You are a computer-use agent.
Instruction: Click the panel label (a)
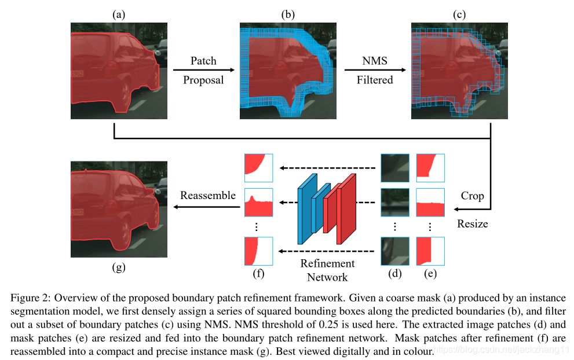pos(119,15)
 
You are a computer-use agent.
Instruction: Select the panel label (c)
pos(459,15)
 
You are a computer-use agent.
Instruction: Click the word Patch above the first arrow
pos(203,61)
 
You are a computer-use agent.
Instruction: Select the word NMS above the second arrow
pos(374,61)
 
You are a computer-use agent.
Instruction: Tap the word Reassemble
pos(208,195)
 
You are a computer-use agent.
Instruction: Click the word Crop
pos(472,196)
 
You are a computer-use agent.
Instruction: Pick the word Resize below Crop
pos(473,223)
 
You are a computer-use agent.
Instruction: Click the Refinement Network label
pos(327,270)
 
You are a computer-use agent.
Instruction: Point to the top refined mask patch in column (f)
pos(258,164)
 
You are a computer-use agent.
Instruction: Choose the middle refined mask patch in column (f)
pos(258,202)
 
